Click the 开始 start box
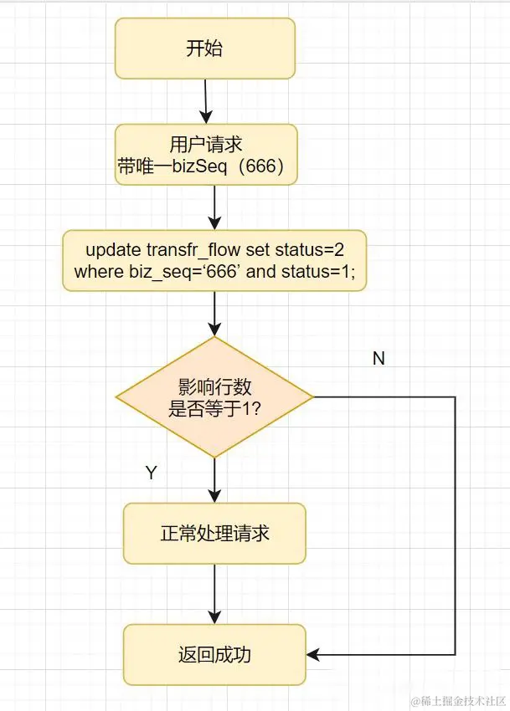coord(204,49)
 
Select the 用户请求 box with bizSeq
coord(205,155)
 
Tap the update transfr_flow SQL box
coord(214,260)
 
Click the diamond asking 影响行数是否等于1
coord(214,397)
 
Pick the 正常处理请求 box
coord(214,533)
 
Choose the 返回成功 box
coord(214,654)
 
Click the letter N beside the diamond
coord(379,358)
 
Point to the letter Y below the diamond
coord(151,473)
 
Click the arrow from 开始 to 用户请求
coord(205,101)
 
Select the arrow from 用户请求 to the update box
coord(215,207)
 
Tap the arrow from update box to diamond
coord(215,314)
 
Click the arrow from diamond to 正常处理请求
coord(215,479)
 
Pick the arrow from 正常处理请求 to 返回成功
coord(215,594)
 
